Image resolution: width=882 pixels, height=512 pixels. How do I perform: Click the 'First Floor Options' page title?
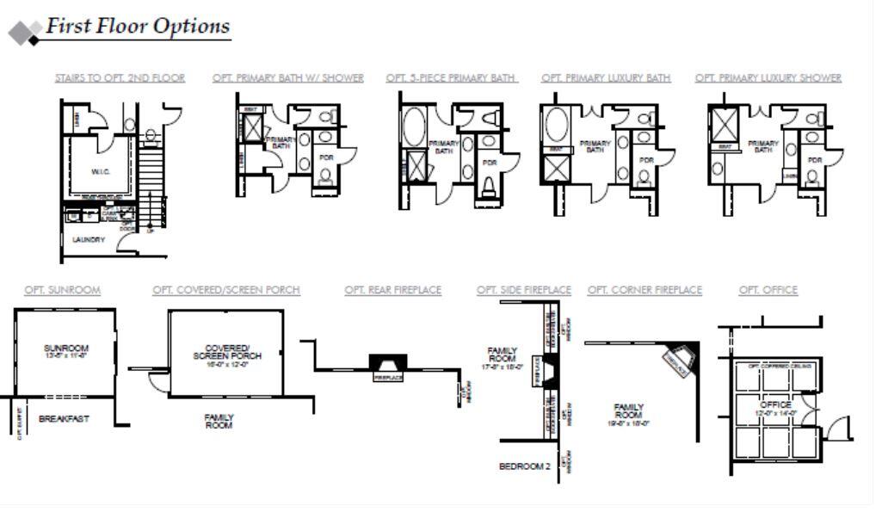[138, 26]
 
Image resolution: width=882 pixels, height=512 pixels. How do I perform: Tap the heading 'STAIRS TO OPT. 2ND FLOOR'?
[120, 78]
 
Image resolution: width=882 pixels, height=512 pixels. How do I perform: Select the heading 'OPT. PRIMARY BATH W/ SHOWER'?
[287, 78]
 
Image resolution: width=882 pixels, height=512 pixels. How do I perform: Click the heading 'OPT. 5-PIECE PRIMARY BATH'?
[451, 78]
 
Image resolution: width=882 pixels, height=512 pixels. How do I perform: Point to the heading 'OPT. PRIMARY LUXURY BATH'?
[606, 78]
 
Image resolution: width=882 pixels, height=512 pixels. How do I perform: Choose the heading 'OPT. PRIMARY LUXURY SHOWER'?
[768, 78]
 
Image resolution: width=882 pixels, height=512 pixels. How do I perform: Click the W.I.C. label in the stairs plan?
[101, 172]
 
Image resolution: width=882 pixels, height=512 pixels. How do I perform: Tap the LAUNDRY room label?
[88, 240]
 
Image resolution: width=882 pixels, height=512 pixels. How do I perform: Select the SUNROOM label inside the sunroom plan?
[66, 349]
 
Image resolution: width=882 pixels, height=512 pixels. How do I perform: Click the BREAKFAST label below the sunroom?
[64, 419]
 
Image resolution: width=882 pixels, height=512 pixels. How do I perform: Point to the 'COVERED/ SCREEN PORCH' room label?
[227, 352]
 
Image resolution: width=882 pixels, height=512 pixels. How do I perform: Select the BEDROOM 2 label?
[524, 466]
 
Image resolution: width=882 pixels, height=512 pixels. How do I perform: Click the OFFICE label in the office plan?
[774, 404]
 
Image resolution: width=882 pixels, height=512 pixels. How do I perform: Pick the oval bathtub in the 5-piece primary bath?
[414, 126]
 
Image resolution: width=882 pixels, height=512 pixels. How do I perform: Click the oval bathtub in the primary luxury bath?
[555, 125]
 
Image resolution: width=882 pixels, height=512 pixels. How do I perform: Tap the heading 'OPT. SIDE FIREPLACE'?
[523, 290]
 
